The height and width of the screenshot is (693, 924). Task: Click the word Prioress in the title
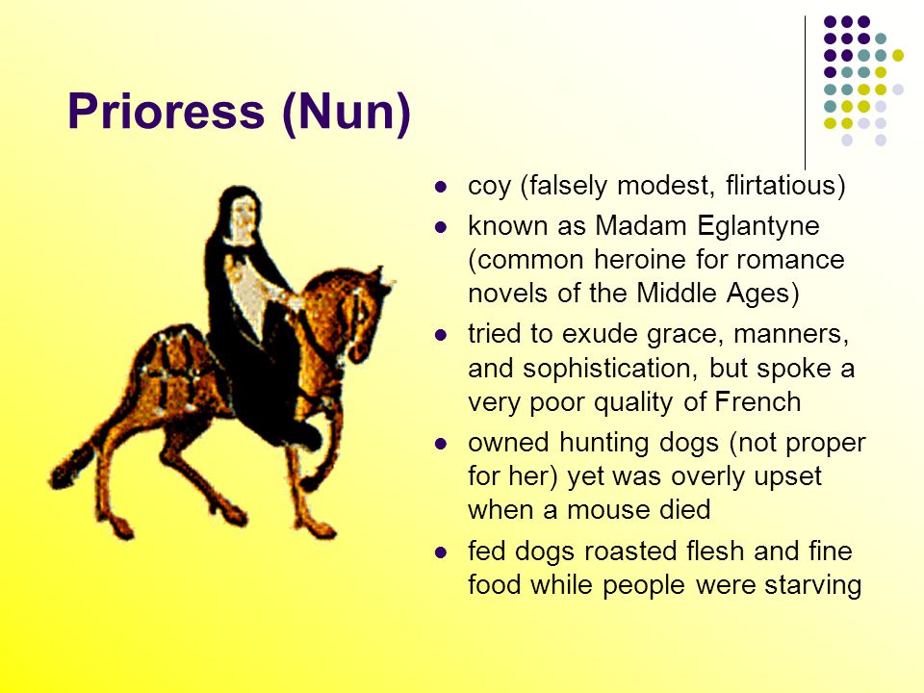tap(166, 114)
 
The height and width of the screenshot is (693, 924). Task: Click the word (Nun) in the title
tap(346, 114)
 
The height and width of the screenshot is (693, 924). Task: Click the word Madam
tap(639, 228)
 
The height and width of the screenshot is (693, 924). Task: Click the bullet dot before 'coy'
tap(443, 187)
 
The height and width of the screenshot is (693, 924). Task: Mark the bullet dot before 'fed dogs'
tap(443, 553)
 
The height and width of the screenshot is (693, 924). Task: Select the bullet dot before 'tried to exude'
tap(443, 336)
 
